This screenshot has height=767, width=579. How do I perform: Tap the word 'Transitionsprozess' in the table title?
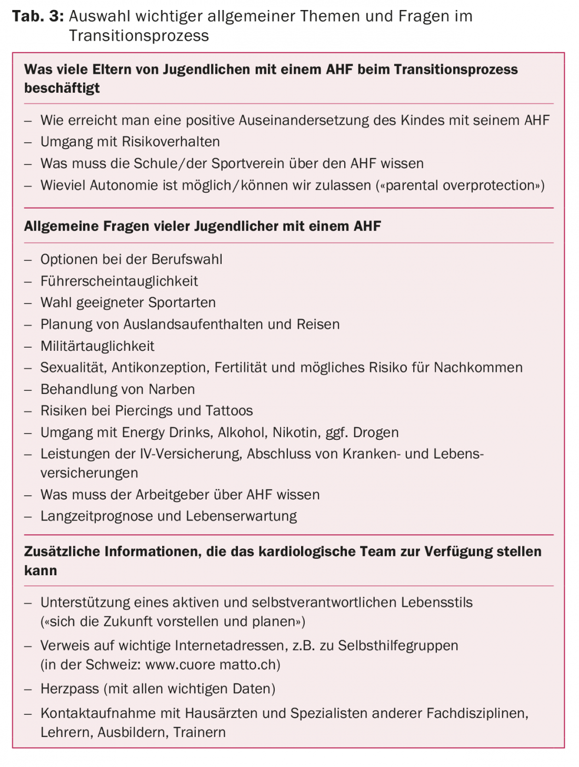coord(138,36)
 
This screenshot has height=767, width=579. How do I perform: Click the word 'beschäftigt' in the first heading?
coord(62,88)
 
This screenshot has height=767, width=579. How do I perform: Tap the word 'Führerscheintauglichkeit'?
coord(119,281)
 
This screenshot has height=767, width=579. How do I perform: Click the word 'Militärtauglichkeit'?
coord(97,346)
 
